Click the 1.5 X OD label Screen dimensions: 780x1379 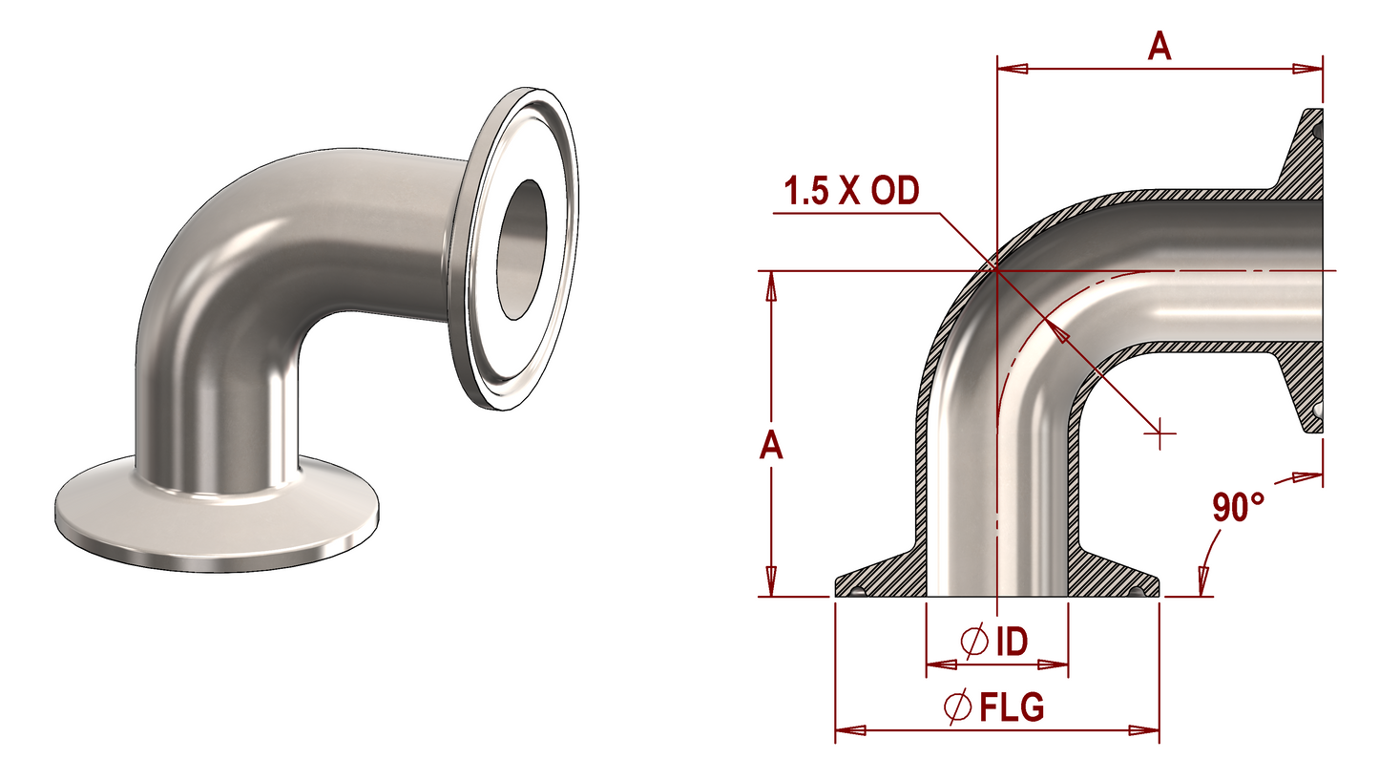851,191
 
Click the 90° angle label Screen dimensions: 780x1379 1238,507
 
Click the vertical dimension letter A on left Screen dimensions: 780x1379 771,445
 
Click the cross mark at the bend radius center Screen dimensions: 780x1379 1160,433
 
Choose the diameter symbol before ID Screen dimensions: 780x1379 974,642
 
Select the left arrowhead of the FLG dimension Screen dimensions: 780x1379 849,730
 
